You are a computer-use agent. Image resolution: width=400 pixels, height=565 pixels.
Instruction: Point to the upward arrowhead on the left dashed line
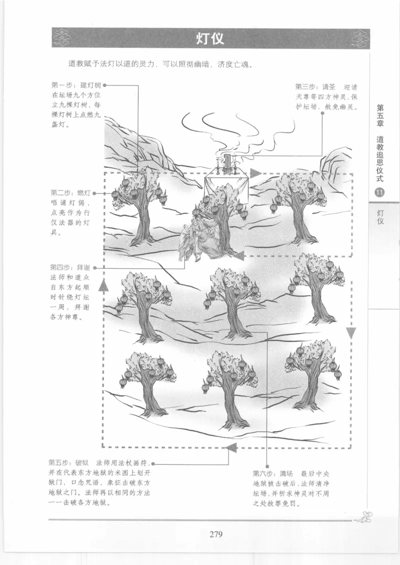coord(103,285)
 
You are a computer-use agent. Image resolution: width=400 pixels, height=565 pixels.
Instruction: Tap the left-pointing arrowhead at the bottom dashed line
coord(231,446)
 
